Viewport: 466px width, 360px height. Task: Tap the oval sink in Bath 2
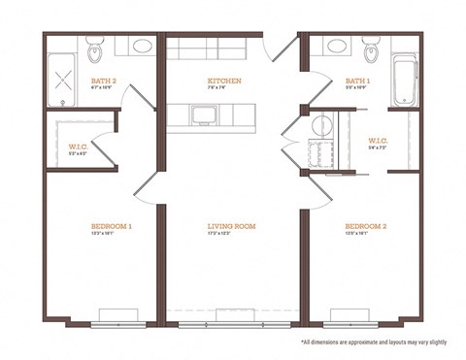click(x=142, y=46)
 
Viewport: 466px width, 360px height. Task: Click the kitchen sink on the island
click(x=205, y=115)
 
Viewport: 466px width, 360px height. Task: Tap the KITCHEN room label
click(x=224, y=81)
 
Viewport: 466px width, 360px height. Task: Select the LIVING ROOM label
click(x=231, y=227)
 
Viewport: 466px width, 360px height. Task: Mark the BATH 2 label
click(x=103, y=81)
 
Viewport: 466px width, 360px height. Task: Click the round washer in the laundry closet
click(x=321, y=125)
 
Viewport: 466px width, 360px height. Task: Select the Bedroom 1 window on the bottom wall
click(x=120, y=315)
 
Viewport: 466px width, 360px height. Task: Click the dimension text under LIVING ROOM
click(x=231, y=236)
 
